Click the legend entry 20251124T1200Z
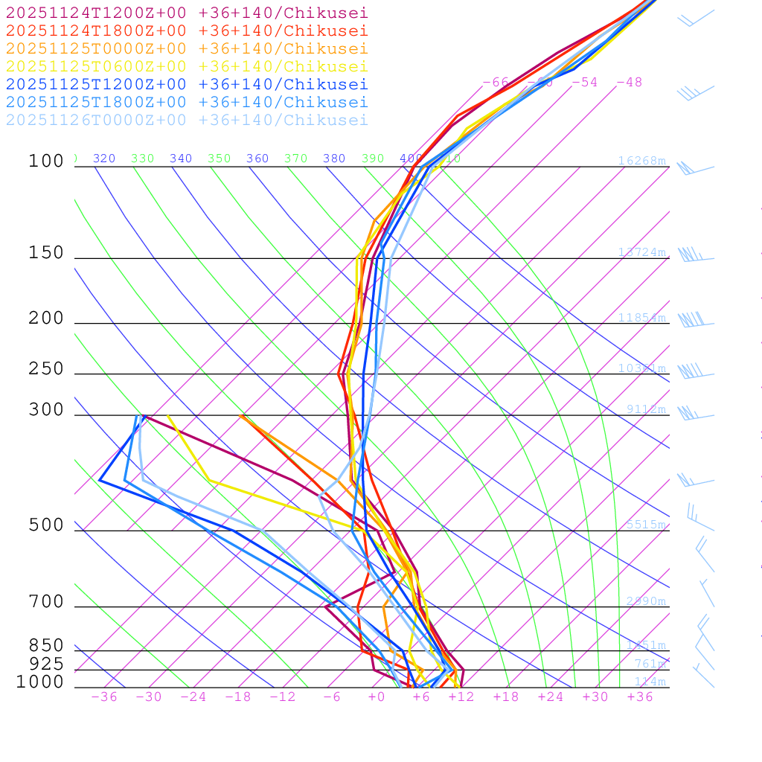(x=187, y=13)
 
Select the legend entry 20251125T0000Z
(x=187, y=48)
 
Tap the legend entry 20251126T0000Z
(x=187, y=120)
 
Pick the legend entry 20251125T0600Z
(x=187, y=66)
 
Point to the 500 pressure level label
(x=46, y=525)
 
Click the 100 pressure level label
(x=46, y=161)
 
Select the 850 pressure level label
(x=46, y=645)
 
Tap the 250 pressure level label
(x=46, y=369)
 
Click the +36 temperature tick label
(x=640, y=697)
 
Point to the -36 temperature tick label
(x=104, y=697)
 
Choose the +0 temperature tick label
(x=377, y=697)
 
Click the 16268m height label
(x=642, y=161)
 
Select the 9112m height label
(x=646, y=409)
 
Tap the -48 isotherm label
(x=629, y=82)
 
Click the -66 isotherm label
(x=496, y=82)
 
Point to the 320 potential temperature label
(x=104, y=159)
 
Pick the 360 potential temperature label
(x=257, y=159)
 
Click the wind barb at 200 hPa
(x=692, y=321)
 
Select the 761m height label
(x=650, y=664)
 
